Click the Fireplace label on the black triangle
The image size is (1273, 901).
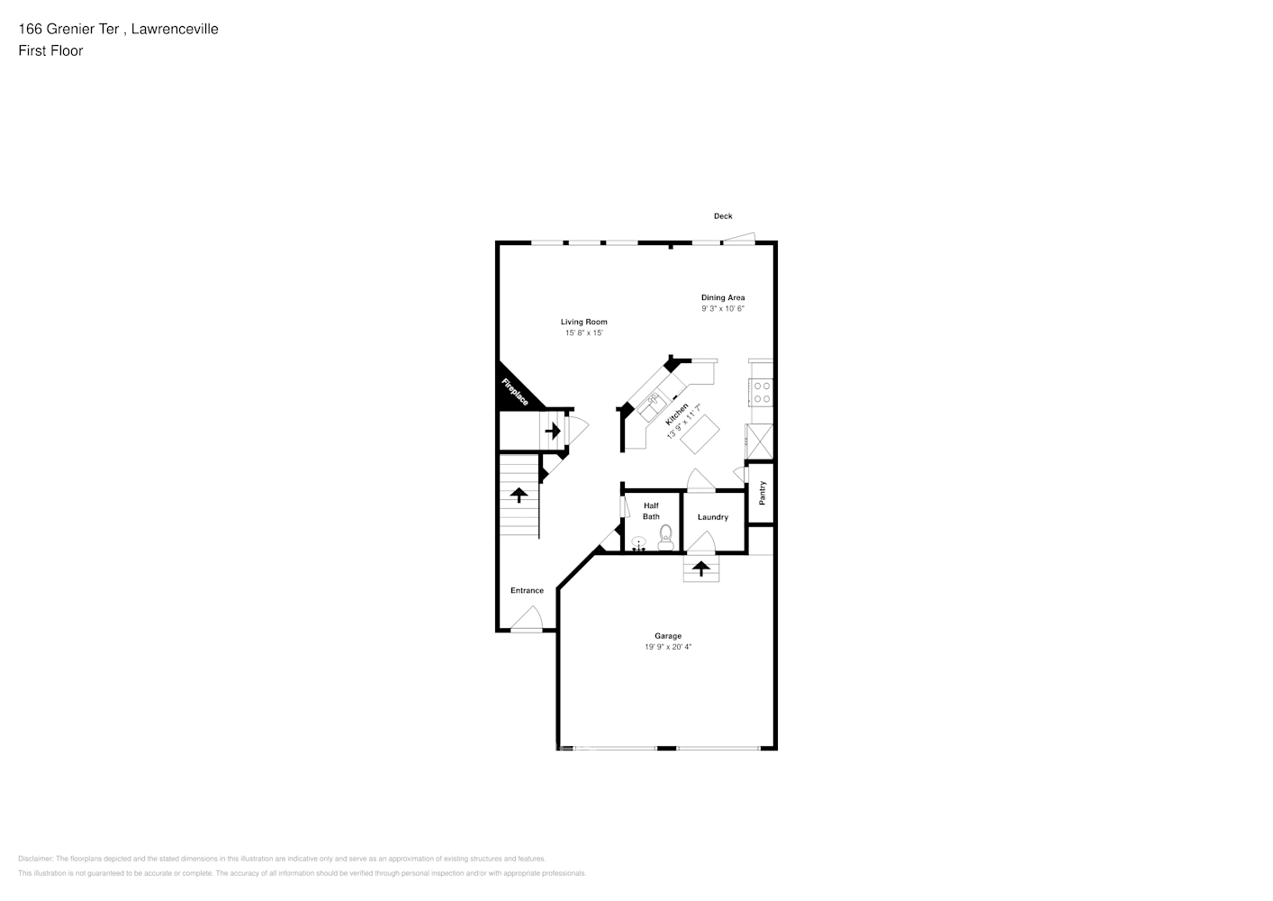[x=515, y=392]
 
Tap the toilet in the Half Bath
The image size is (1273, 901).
[x=665, y=538]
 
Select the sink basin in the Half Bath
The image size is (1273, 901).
[x=638, y=543]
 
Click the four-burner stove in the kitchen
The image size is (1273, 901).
[x=762, y=391]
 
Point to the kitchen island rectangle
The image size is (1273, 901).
[x=701, y=433]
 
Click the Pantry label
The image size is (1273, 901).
[x=763, y=492]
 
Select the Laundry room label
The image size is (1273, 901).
[x=713, y=517]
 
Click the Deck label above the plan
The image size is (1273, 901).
[x=723, y=216]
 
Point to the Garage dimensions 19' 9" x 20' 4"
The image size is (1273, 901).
[x=668, y=647]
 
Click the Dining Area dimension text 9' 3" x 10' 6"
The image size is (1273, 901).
[x=723, y=309]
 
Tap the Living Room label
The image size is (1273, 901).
[x=584, y=322]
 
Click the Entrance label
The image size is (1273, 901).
[x=527, y=591]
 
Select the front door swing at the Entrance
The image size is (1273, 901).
[x=528, y=619]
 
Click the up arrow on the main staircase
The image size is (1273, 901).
[x=519, y=495]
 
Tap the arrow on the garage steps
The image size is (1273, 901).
[x=700, y=569]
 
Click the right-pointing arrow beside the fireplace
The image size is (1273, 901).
[x=553, y=431]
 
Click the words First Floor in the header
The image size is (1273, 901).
[x=50, y=50]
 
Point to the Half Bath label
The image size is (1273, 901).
[x=651, y=511]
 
